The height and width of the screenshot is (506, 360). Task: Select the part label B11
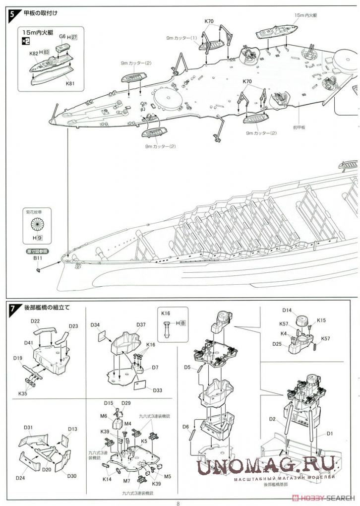[x=38, y=258]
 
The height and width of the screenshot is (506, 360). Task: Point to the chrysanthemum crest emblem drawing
[x=38, y=227]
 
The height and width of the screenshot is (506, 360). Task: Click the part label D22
[x=35, y=321]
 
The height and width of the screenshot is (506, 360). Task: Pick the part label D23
[x=73, y=326]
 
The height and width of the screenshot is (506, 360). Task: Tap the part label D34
[x=95, y=325]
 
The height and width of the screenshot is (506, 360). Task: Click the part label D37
[x=141, y=325]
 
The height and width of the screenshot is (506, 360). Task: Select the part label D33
[x=158, y=390]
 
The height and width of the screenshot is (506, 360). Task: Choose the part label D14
[x=287, y=311]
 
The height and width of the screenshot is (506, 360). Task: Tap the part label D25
[x=277, y=344]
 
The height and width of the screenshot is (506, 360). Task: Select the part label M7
[x=127, y=481]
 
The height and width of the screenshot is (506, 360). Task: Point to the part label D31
[x=28, y=428]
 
